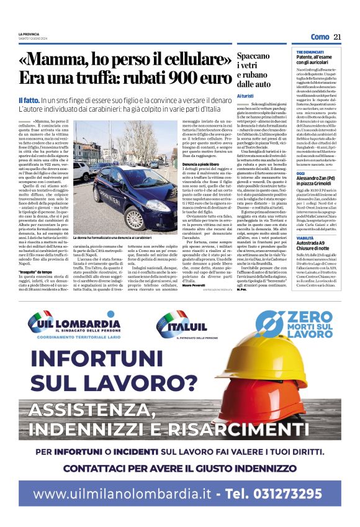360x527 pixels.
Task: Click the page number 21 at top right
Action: tap(337, 37)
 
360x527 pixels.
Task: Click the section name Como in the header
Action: tap(319, 37)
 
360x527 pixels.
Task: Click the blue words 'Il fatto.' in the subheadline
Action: tap(29, 100)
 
